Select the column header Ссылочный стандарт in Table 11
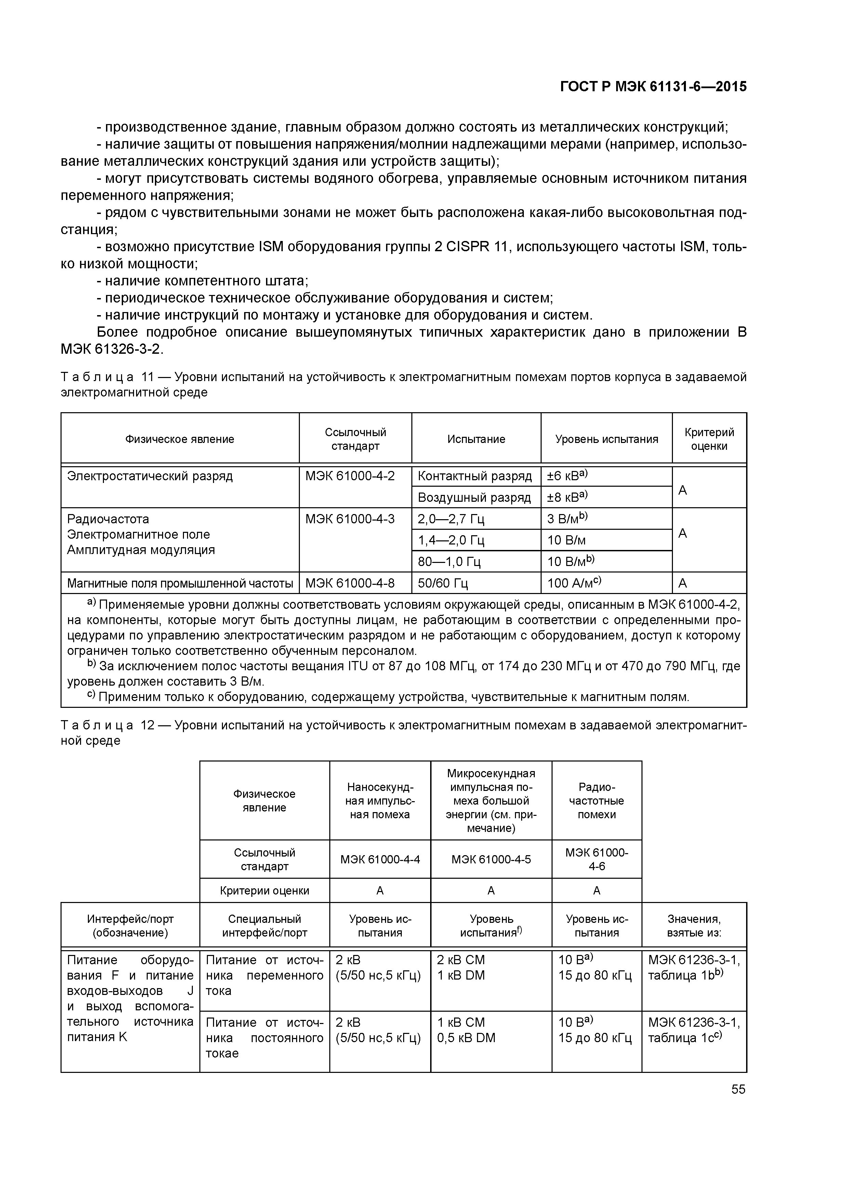pos(355,439)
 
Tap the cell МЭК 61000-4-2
pos(350,476)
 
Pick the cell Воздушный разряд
pos(474,498)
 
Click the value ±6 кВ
pos(567,476)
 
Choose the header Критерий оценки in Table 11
pos(709,439)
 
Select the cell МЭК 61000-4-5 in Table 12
pos(491,859)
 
